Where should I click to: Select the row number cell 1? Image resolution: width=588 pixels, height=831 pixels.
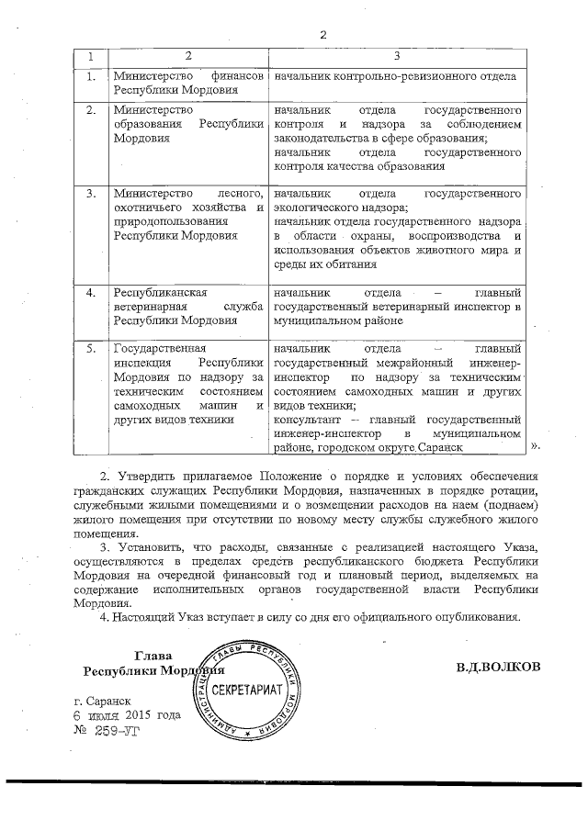91,76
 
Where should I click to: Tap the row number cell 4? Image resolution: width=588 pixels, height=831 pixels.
91,292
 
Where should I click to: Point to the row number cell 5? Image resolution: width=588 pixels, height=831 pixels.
91,349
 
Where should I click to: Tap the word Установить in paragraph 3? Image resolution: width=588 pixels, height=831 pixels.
152,548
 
